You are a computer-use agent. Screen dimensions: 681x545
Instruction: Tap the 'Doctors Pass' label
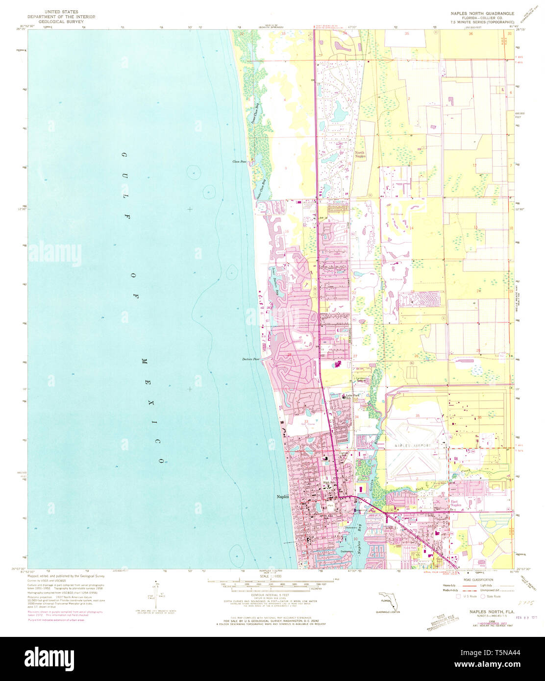(250, 359)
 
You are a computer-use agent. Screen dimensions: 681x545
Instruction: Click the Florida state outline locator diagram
(389, 601)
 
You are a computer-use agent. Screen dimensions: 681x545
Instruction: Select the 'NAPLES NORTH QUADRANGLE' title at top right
(479, 14)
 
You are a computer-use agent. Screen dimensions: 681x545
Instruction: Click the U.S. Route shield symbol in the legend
(458, 597)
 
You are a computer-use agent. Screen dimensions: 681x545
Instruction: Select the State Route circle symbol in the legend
(483, 597)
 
